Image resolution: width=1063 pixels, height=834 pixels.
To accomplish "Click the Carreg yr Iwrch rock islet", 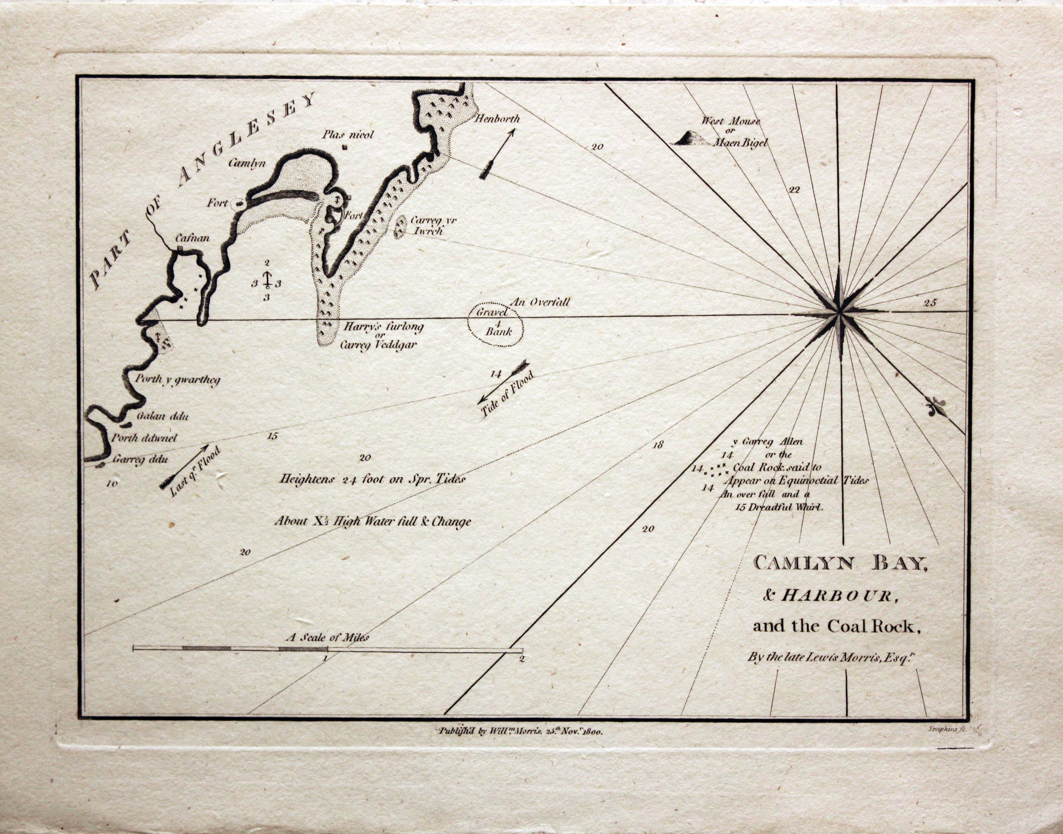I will pyautogui.click(x=401, y=226).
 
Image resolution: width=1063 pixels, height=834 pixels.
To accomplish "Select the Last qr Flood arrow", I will pyautogui.click(x=185, y=466).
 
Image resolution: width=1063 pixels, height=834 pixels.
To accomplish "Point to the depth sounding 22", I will pyautogui.click(x=795, y=190).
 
